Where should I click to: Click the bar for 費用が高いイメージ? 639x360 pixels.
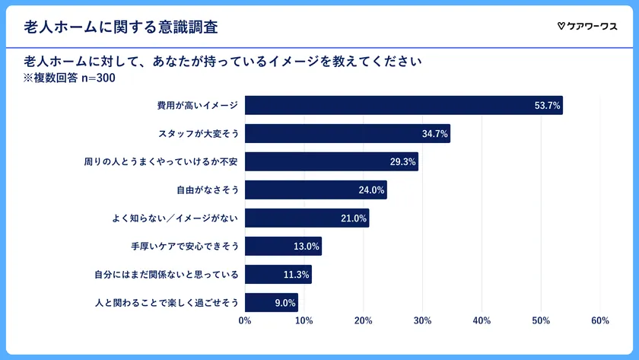403,105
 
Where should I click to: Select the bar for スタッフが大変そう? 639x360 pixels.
348,133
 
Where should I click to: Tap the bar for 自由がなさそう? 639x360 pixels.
316,190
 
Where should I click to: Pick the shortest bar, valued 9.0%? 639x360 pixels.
272,302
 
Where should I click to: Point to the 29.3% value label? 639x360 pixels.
402,161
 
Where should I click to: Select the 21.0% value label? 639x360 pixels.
353,218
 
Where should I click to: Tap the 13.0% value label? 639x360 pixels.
306,247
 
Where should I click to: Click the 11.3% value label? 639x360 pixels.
296,275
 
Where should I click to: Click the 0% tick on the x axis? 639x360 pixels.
245,320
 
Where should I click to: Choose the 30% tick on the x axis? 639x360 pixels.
422,320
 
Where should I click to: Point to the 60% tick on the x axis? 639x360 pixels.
599,320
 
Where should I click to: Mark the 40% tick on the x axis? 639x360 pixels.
482,320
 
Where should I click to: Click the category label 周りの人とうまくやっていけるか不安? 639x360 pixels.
161,161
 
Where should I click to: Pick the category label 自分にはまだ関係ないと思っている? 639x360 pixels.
166,275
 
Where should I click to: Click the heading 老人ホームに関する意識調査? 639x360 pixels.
121,27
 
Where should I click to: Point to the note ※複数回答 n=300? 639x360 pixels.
70,77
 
